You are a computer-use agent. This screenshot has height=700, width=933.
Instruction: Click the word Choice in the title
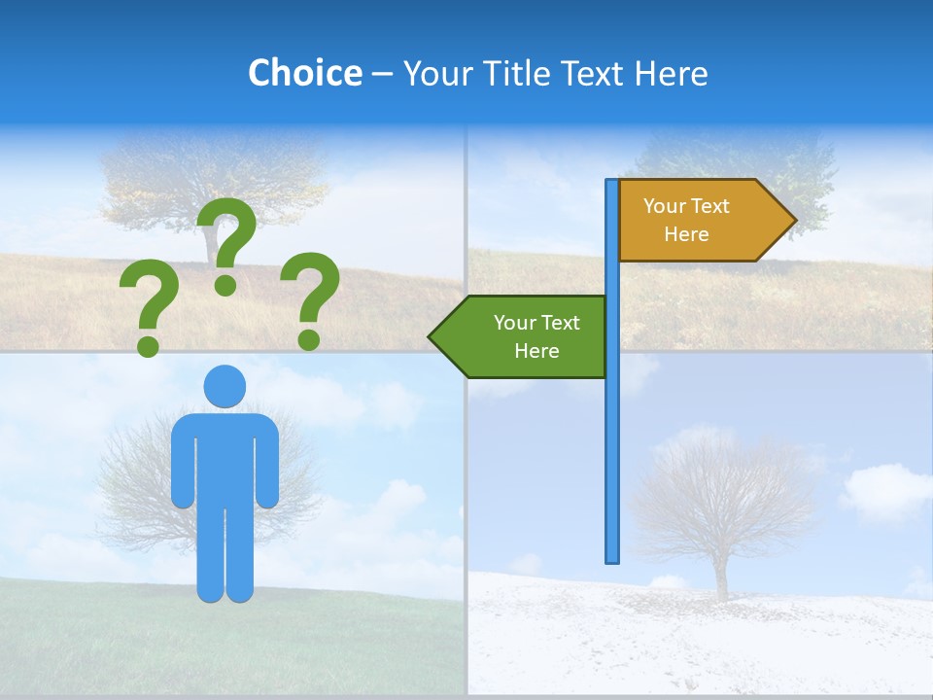304,73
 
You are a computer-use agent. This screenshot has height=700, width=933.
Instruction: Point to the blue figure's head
225,386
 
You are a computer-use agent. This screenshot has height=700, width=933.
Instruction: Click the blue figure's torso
225,457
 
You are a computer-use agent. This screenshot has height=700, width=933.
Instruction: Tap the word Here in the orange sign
686,234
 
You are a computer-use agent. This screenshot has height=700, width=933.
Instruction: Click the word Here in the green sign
536,351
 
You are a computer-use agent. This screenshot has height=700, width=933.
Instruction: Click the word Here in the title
671,73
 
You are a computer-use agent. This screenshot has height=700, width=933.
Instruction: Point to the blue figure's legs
225,554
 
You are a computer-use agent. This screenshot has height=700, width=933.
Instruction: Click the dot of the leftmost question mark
148,344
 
